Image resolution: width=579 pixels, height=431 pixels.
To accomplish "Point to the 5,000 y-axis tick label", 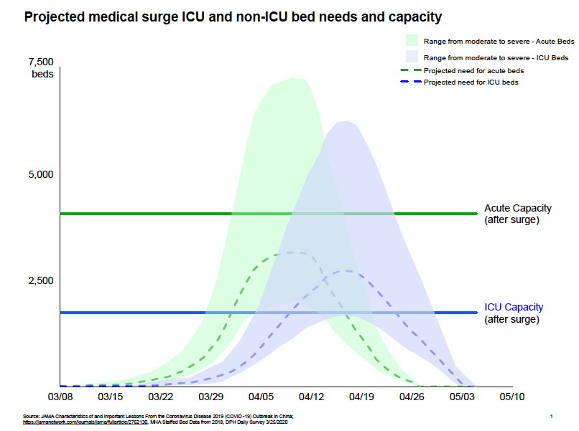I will pyautogui.click(x=41, y=174).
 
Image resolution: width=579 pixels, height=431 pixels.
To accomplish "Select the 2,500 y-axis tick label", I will pyautogui.click(x=41, y=280).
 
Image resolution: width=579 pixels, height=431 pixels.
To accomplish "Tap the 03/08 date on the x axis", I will pyautogui.click(x=60, y=396).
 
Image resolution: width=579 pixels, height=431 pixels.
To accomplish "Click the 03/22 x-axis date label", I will pyautogui.click(x=160, y=396).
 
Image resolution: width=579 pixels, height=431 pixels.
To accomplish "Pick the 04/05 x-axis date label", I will pyautogui.click(x=261, y=396).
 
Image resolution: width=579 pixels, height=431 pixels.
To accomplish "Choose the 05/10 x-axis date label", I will pyautogui.click(x=512, y=396).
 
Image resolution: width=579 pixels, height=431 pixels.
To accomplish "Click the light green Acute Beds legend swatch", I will pyautogui.click(x=412, y=40).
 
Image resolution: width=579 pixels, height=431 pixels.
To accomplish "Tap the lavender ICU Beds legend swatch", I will pyautogui.click(x=412, y=57).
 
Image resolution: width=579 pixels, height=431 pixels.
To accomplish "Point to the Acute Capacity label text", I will pyautogui.click(x=518, y=208).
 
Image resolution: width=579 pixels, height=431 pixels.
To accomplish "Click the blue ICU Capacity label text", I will pyautogui.click(x=514, y=307).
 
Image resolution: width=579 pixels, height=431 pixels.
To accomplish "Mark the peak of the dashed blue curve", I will pyautogui.click(x=346, y=270).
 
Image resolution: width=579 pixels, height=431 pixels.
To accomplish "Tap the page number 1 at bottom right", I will pyautogui.click(x=550, y=417).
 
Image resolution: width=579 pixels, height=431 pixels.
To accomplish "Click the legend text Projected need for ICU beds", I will pyautogui.click(x=471, y=82).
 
